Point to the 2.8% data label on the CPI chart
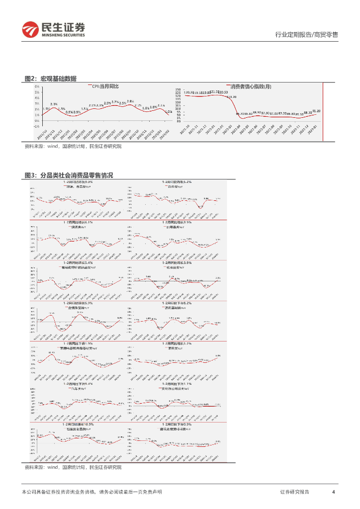coord(130,101)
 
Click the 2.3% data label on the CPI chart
coord(54,103)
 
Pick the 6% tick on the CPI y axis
coord(37,86)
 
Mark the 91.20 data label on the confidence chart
coord(315,111)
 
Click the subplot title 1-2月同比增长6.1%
coord(78,222)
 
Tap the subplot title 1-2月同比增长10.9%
coord(78,424)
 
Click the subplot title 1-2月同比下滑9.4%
coord(78,384)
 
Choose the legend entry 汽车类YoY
coord(77,388)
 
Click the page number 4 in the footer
coord(333,492)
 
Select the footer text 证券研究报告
coord(294,492)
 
